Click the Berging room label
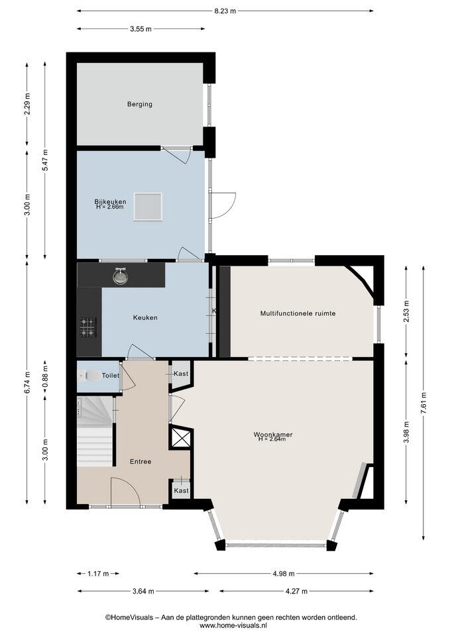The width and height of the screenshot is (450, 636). pyautogui.click(x=140, y=104)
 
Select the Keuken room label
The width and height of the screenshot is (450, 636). pyautogui.click(x=145, y=317)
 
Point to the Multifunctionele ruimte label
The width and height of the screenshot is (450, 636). pyautogui.click(x=298, y=313)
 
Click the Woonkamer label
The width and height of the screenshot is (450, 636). pyautogui.click(x=273, y=435)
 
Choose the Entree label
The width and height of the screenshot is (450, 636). pyautogui.click(x=141, y=462)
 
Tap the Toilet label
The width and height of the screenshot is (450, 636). pyautogui.click(x=111, y=376)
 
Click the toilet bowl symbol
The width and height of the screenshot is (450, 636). pyautogui.click(x=90, y=376)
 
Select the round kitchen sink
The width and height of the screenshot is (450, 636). pyautogui.click(x=121, y=277)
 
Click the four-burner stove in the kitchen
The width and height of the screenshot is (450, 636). pyautogui.click(x=88, y=327)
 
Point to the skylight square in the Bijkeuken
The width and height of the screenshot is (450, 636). pyautogui.click(x=148, y=207)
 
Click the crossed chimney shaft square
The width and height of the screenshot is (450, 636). pyautogui.click(x=180, y=438)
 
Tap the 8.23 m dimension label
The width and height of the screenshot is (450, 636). pyautogui.click(x=225, y=11)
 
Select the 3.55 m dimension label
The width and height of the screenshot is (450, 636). pyautogui.click(x=141, y=29)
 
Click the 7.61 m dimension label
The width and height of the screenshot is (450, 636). pyautogui.click(x=423, y=403)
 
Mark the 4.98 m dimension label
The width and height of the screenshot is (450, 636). pyautogui.click(x=283, y=574)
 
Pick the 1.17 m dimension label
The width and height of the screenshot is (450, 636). pyautogui.click(x=98, y=574)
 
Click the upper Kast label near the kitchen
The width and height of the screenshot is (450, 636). pyautogui.click(x=181, y=373)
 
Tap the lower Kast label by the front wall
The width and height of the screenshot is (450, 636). pyautogui.click(x=182, y=491)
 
